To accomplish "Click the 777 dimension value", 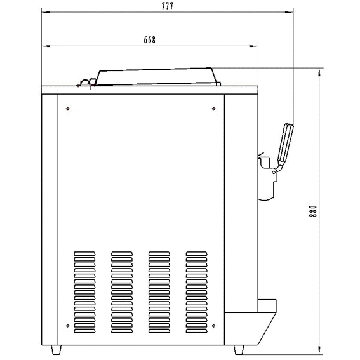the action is click(168, 6).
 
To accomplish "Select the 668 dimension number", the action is click(150, 40).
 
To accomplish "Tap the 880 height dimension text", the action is click(313, 211).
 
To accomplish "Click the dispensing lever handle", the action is click(285, 143).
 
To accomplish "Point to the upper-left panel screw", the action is click(67, 109).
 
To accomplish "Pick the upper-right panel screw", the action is click(213, 109).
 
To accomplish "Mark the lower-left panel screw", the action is click(67, 326).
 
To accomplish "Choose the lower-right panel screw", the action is click(213, 326).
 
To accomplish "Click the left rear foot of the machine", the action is click(56, 350).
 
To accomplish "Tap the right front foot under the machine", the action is click(239, 350).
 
